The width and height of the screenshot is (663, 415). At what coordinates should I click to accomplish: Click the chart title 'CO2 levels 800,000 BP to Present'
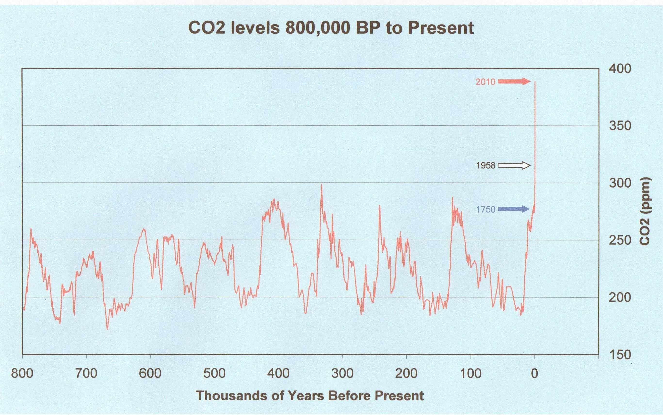pos(331,28)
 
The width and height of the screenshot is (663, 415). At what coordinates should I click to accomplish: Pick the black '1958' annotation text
pos(485,166)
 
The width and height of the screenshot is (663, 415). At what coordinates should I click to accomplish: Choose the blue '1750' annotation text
pos(485,210)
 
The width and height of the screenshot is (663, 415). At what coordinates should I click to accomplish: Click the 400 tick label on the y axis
pos(620,69)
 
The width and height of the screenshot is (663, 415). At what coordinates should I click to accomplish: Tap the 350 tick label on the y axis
pos(620,126)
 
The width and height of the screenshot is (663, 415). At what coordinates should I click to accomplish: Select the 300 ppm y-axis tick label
pos(620,183)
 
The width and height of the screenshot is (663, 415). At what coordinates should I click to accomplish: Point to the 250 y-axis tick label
pos(620,240)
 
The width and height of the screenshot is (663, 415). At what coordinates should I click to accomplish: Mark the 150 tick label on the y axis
pos(620,355)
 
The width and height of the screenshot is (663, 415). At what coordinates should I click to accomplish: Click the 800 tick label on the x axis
pos(22,374)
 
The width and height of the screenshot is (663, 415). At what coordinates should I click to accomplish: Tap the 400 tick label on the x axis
pos(278,374)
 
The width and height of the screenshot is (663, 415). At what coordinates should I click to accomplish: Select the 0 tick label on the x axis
pos(534,374)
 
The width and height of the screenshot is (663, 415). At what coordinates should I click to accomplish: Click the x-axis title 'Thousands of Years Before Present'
pos(310,396)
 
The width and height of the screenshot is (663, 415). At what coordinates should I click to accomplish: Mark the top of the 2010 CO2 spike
pos(535,81)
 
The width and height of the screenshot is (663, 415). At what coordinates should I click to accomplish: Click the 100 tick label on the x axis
pos(470,374)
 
